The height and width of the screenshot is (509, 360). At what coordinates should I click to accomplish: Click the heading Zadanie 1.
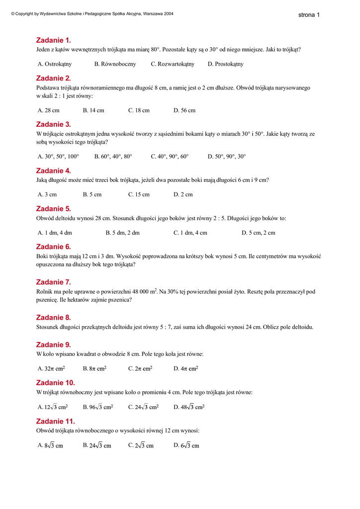tap(54, 40)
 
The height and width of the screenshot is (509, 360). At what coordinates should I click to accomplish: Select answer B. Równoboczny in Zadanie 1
tap(115, 64)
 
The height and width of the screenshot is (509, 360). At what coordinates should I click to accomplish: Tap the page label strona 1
tap(309, 15)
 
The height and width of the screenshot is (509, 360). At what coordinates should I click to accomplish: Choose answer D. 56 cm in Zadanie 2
tap(184, 110)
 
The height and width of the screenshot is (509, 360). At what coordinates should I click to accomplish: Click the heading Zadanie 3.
tap(54, 124)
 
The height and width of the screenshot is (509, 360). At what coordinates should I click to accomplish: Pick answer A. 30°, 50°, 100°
tap(58, 157)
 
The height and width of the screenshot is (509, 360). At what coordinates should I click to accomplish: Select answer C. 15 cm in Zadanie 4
tap(139, 194)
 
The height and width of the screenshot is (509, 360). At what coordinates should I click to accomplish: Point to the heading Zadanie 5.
tap(54, 209)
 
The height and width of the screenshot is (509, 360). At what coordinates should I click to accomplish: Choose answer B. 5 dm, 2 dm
tap(122, 233)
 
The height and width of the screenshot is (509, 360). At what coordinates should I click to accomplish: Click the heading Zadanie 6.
tap(54, 247)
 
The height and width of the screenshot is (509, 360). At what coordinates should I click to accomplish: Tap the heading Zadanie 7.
tap(54, 282)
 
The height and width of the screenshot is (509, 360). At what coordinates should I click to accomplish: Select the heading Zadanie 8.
tap(54, 317)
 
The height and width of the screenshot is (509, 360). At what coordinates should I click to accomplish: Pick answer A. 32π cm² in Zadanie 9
tap(51, 369)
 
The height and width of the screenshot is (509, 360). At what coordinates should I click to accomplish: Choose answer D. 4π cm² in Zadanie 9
tap(186, 369)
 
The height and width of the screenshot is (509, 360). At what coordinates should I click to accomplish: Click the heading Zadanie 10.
tap(56, 383)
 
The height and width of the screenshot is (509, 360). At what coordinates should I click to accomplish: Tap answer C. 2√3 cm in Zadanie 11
tap(141, 445)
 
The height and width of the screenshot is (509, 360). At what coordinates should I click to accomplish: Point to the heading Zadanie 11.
tap(56, 421)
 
